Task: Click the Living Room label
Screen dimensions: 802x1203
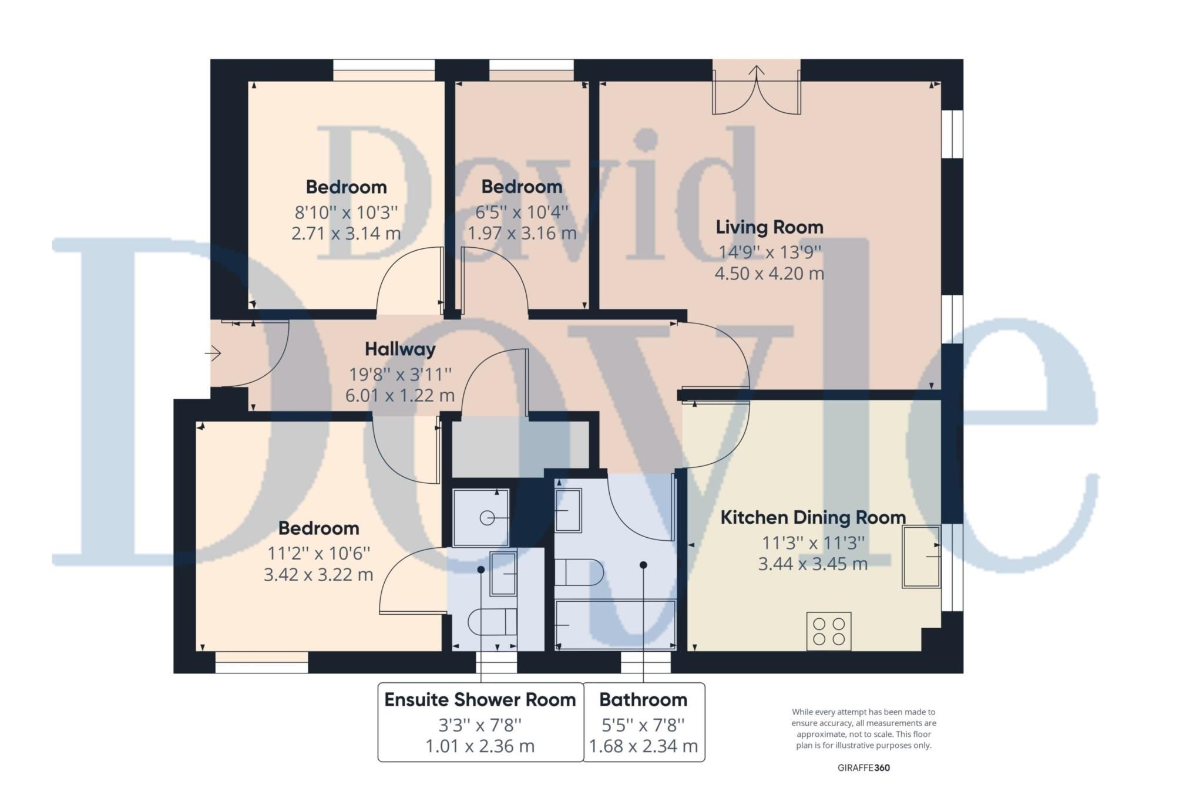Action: (769, 227)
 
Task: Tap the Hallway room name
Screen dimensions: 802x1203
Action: (400, 349)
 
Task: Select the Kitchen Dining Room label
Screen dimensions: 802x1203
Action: (812, 518)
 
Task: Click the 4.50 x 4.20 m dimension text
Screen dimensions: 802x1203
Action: (769, 274)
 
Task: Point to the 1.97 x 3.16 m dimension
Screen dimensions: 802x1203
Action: (522, 233)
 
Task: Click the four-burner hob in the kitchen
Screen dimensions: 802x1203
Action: (828, 631)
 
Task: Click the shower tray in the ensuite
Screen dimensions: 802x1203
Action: (481, 517)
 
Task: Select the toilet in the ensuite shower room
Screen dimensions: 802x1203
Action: (492, 622)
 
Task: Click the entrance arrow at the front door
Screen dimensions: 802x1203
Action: (213, 353)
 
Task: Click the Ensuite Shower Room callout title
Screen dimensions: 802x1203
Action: (480, 700)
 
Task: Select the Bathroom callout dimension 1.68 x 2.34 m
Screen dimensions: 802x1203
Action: (643, 746)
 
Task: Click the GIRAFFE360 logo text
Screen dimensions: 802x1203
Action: (863, 768)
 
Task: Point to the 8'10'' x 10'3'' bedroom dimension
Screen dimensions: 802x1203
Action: (346, 211)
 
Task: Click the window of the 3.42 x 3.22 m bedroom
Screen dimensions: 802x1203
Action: (261, 662)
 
